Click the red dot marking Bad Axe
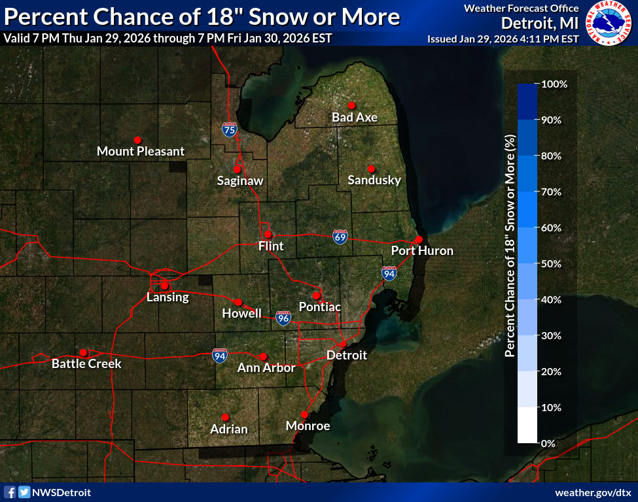351,105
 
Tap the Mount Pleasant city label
141,152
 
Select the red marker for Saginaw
237,169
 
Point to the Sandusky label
374,180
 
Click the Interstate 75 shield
229,129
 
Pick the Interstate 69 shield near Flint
339,236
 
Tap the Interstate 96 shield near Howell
283,318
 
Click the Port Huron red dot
419,239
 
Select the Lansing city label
168,297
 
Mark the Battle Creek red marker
83,352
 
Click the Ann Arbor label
266,368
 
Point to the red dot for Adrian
225,417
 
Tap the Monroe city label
308,426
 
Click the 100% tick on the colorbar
554,84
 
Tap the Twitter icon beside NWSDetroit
24,492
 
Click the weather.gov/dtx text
592,492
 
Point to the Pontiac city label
320,307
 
